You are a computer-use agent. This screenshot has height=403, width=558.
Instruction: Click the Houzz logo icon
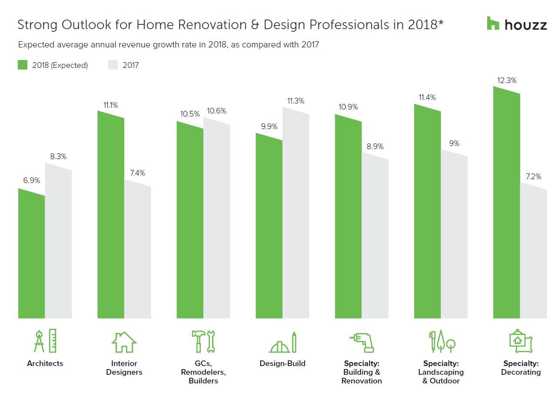[493, 23]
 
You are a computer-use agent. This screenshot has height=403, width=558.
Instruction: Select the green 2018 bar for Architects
[31, 256]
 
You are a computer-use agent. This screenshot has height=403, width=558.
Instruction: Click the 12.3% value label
[507, 80]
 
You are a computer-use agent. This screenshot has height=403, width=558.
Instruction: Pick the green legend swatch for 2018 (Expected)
[23, 65]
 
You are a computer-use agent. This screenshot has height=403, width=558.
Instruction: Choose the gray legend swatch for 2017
[113, 65]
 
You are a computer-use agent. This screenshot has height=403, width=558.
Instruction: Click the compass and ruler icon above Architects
[45, 341]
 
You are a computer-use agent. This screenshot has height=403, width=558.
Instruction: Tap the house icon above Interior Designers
[124, 342]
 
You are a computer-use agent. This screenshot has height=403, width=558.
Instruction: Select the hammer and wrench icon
[203, 341]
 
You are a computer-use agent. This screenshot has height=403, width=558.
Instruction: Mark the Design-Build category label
[282, 363]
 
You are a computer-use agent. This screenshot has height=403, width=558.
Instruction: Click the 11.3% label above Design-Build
[296, 101]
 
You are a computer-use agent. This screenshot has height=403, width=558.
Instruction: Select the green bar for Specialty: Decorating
[506, 204]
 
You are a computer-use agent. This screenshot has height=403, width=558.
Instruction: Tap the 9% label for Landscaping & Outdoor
[454, 143]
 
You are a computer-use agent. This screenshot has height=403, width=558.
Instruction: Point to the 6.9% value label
[31, 180]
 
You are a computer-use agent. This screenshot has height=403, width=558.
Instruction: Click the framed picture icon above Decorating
[521, 341]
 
